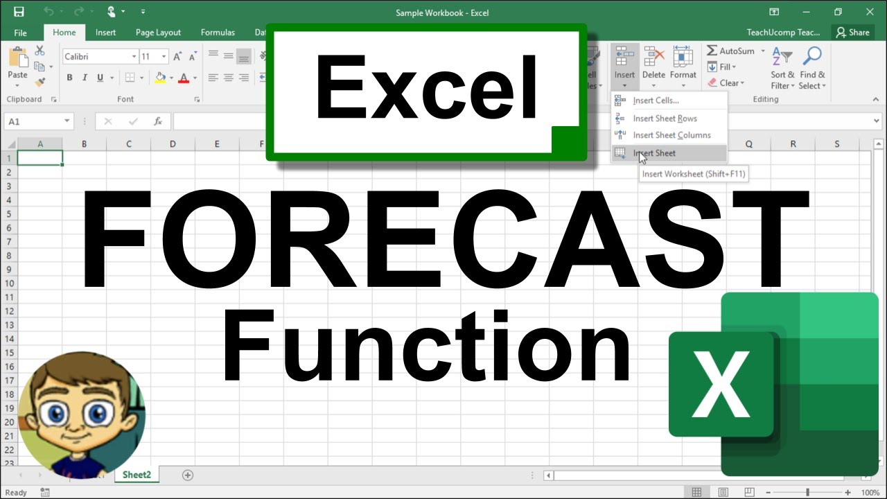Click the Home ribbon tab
64,32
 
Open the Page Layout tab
158,32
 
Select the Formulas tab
218,32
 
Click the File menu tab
20,33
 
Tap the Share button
852,32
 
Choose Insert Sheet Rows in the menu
665,119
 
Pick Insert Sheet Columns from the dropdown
671,135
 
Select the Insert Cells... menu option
656,100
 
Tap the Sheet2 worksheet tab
137,475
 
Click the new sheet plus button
187,475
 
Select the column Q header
749,144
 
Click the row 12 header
10,311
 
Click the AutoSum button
730,51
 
